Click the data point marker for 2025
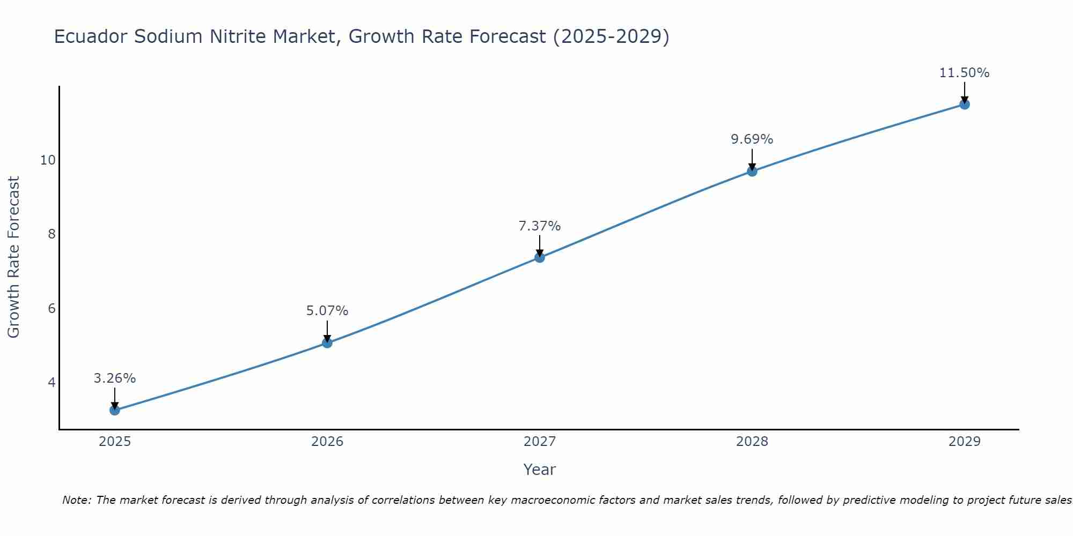pyautogui.click(x=115, y=410)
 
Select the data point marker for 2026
pyautogui.click(x=327, y=343)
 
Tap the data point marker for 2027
pyautogui.click(x=540, y=257)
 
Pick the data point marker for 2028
pyautogui.click(x=752, y=171)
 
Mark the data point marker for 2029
pyautogui.click(x=965, y=104)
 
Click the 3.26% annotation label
pyautogui.click(x=115, y=378)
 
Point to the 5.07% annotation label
pyautogui.click(x=327, y=311)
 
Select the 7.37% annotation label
pyautogui.click(x=540, y=226)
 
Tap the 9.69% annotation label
pyautogui.click(x=752, y=139)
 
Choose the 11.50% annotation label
pyautogui.click(x=965, y=73)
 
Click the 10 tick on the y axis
pyautogui.click(x=48, y=160)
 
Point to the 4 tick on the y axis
pyautogui.click(x=52, y=382)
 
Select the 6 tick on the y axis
pyautogui.click(x=52, y=308)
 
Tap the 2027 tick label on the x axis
pyautogui.click(x=540, y=442)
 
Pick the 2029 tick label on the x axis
pyautogui.click(x=965, y=442)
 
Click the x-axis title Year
pyautogui.click(x=540, y=470)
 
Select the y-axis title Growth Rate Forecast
pyautogui.click(x=13, y=257)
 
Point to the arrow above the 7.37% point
pyautogui.click(x=540, y=245)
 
